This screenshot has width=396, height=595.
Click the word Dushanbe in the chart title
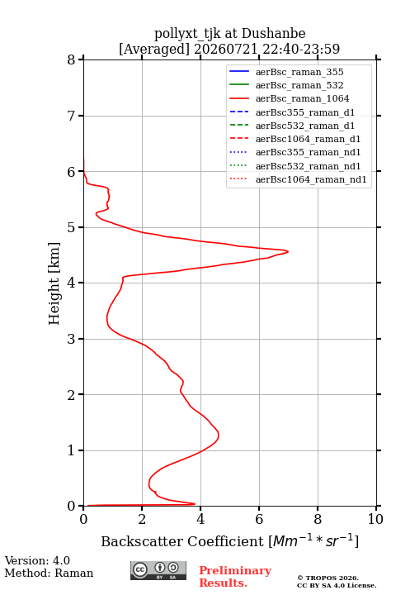tap(273, 34)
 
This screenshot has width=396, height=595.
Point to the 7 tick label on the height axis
tap(71, 116)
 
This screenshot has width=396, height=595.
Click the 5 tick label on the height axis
tap(71, 227)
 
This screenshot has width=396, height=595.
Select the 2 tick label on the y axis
tap(71, 395)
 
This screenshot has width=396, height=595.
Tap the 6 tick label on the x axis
tap(259, 519)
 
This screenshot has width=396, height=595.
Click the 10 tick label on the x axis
tap(375, 519)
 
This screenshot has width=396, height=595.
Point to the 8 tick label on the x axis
tap(318, 519)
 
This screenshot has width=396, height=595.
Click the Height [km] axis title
tap(54, 283)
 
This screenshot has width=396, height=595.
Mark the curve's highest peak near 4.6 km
tap(288, 251)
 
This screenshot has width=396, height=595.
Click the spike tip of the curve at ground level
tap(195, 504)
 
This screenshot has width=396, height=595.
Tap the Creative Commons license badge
tap(158, 570)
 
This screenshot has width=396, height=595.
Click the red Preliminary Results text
tap(235, 577)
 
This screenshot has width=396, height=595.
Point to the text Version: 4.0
tap(37, 560)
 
